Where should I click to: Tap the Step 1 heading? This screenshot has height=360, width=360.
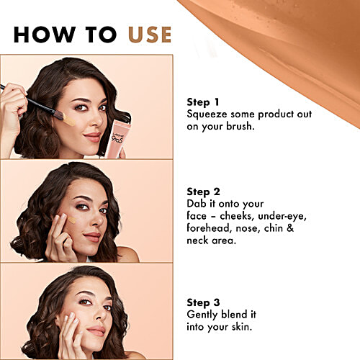[x=204, y=102]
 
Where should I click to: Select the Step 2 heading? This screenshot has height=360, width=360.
[x=204, y=192]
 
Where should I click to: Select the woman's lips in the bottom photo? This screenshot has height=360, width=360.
[x=96, y=330]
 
